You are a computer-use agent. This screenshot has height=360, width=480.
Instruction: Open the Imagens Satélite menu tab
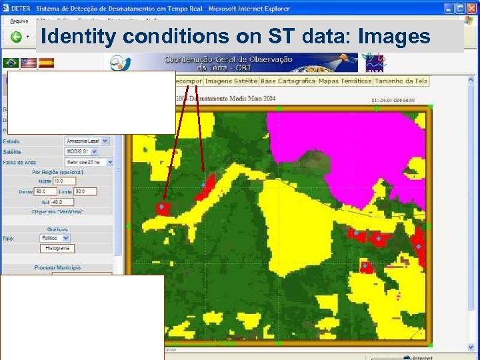click(x=231, y=81)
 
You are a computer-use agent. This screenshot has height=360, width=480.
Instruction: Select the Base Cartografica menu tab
click(x=287, y=81)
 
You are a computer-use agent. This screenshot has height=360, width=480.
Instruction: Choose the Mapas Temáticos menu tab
click(x=345, y=81)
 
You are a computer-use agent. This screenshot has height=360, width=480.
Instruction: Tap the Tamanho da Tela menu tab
click(x=401, y=81)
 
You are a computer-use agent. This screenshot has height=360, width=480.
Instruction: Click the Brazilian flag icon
click(x=11, y=63)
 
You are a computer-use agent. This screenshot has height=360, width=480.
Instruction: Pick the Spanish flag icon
click(x=46, y=63)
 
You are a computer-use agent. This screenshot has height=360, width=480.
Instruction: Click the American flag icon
click(x=29, y=63)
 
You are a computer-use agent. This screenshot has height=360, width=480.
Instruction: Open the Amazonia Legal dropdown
click(x=87, y=141)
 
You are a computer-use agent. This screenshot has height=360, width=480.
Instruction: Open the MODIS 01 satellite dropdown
click(x=81, y=151)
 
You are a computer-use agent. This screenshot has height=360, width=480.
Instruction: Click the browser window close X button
click(x=471, y=8)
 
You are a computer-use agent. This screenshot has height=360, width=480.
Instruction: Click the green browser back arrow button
click(x=15, y=37)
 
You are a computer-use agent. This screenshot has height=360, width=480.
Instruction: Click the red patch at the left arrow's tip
click(x=162, y=208)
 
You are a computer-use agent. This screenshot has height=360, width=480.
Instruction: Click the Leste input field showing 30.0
click(x=85, y=191)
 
